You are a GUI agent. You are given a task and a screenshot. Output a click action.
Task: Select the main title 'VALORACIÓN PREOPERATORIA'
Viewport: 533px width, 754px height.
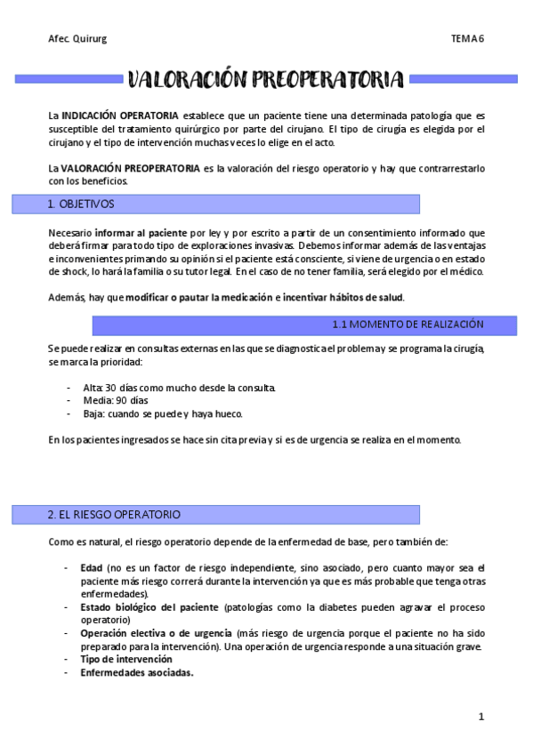coord(266,80)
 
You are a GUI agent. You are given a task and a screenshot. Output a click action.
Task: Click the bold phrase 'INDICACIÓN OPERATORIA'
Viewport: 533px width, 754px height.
coord(120,116)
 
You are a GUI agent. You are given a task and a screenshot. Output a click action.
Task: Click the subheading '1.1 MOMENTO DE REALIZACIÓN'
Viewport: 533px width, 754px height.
coord(408,325)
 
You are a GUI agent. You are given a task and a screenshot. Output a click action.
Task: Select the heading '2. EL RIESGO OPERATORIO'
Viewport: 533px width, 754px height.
coord(114,515)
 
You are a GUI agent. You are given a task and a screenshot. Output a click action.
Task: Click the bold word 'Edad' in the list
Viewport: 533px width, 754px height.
coord(91,568)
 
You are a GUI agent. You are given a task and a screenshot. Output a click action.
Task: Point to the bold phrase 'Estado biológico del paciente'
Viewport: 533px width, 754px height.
coord(149,607)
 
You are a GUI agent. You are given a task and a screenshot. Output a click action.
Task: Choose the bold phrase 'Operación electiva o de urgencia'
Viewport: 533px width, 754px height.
coord(156,633)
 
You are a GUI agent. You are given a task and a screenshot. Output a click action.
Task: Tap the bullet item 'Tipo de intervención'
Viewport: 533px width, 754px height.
coord(125,660)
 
